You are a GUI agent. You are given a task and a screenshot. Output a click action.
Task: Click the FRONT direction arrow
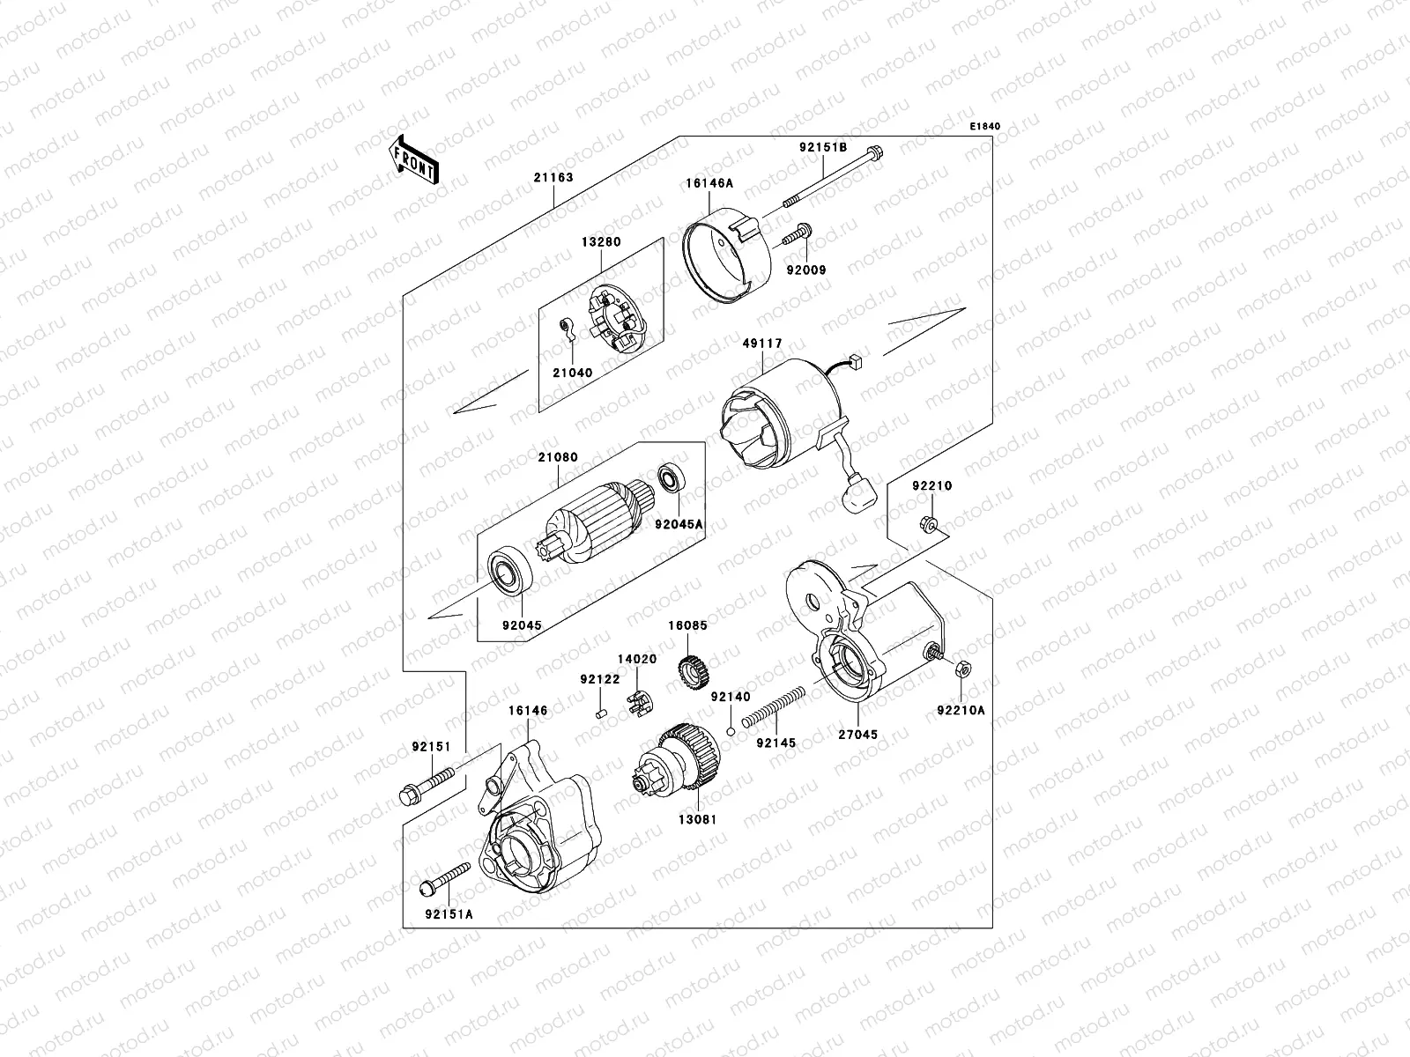point(417,160)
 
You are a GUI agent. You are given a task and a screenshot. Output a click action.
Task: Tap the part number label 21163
point(553,177)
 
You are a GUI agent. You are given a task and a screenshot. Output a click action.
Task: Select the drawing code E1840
point(985,127)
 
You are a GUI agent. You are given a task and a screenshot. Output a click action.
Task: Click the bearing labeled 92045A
point(672,481)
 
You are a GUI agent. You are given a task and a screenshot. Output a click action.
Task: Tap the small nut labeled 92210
point(930,526)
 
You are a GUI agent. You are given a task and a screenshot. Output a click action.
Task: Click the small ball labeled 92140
point(731,730)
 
